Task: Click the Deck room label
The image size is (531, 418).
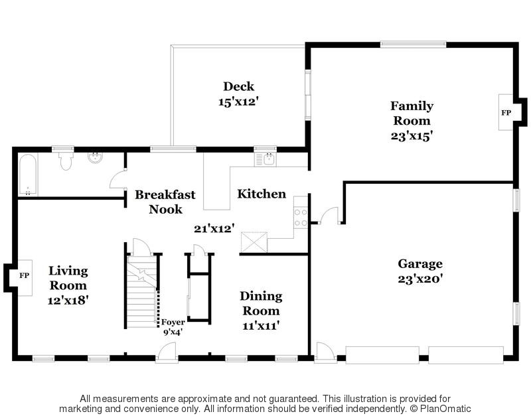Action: pyautogui.click(x=238, y=86)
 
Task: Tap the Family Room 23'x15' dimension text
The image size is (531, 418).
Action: pyautogui.click(x=412, y=136)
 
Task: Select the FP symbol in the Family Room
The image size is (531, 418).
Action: pyautogui.click(x=506, y=112)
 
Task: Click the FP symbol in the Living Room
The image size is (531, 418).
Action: pyautogui.click(x=24, y=275)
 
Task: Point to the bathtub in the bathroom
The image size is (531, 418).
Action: pyautogui.click(x=27, y=175)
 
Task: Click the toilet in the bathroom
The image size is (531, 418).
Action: pyautogui.click(x=66, y=161)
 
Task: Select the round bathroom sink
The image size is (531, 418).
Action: pyautogui.click(x=96, y=158)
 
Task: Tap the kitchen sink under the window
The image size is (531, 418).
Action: pyautogui.click(x=265, y=159)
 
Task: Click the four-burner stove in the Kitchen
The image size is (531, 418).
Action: pyautogui.click(x=301, y=218)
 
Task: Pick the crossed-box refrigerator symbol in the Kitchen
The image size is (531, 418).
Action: pyautogui.click(x=254, y=242)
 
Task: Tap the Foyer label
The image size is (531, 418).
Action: pyautogui.click(x=173, y=322)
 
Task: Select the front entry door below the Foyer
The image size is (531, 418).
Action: pyautogui.click(x=167, y=352)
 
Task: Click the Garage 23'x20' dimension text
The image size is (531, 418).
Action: pyautogui.click(x=420, y=279)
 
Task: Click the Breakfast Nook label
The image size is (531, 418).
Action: pyautogui.click(x=165, y=202)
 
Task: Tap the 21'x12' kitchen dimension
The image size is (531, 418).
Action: pyautogui.click(x=214, y=228)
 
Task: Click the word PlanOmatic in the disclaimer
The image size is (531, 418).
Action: pyautogui.click(x=445, y=409)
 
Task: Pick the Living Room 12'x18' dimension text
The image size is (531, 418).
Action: pyautogui.click(x=68, y=300)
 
